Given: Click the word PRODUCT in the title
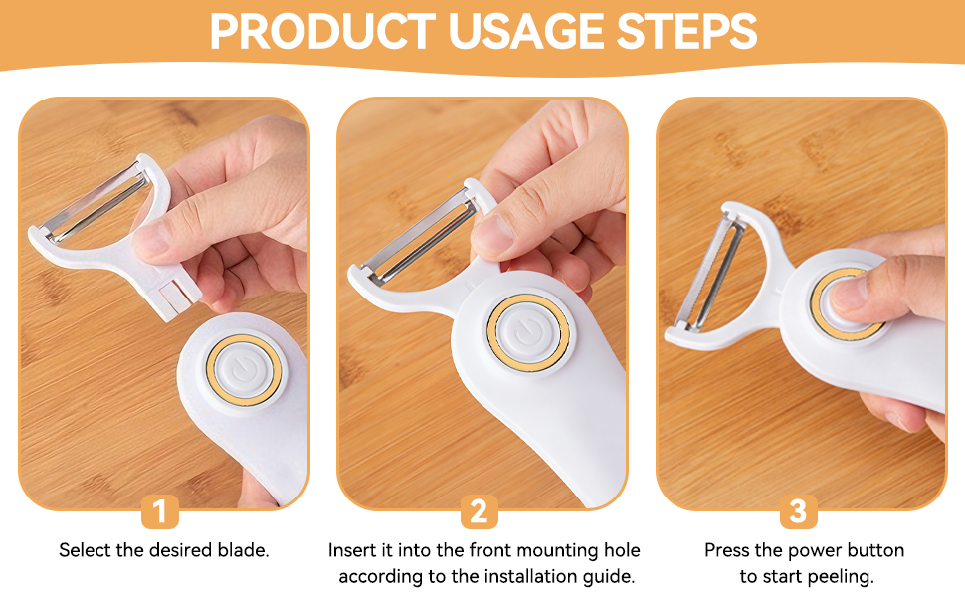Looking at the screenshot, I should click(x=322, y=32).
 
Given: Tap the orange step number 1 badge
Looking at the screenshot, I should click(x=160, y=511).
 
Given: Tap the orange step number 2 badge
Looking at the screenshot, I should click(x=479, y=511).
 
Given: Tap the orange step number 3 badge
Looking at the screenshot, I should click(x=797, y=511).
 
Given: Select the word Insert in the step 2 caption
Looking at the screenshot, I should click(x=352, y=550).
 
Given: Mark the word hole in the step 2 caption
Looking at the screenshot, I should click(x=621, y=550).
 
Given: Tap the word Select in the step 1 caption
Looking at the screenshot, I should click(x=85, y=550).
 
